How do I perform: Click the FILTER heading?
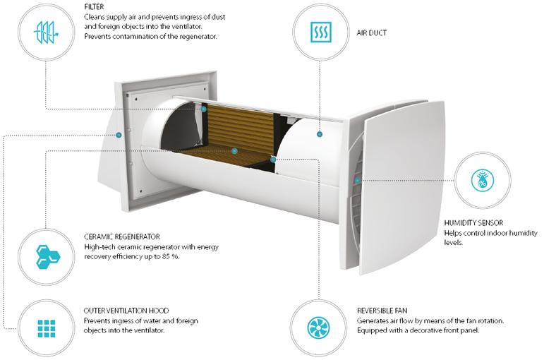94,7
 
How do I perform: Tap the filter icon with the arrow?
46,32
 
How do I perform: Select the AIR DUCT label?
371,33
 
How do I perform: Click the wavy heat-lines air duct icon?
320,32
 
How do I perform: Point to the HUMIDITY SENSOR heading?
473,223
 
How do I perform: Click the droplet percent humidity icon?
482,180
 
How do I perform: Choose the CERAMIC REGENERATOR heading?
121,236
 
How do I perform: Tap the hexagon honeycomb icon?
47,256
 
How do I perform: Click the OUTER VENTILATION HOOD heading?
126,311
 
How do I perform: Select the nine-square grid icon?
47,328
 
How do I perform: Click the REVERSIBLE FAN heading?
382,311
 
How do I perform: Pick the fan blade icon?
318,328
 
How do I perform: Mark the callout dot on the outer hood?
119,135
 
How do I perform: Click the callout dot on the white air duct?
320,134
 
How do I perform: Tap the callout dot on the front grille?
358,180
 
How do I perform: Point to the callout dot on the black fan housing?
272,160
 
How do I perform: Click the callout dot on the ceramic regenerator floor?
234,151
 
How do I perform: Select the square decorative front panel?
402,187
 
